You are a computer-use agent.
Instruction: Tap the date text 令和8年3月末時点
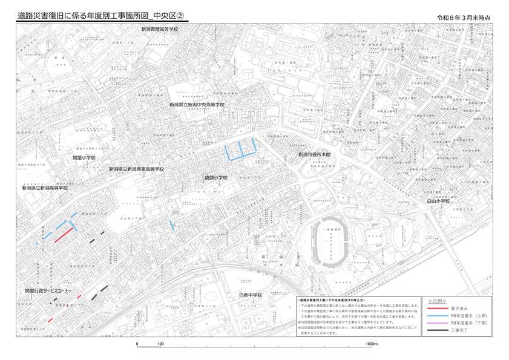point(467,17)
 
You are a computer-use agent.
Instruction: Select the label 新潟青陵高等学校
point(160,29)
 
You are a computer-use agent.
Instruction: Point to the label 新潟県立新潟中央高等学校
point(197,105)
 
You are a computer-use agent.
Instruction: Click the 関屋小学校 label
point(84,157)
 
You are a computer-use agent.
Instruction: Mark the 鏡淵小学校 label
point(216,178)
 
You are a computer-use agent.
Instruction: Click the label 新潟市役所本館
point(315,155)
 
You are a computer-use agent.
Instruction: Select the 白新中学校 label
point(251,295)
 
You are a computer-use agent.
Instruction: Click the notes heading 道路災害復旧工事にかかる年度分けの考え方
point(331,300)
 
